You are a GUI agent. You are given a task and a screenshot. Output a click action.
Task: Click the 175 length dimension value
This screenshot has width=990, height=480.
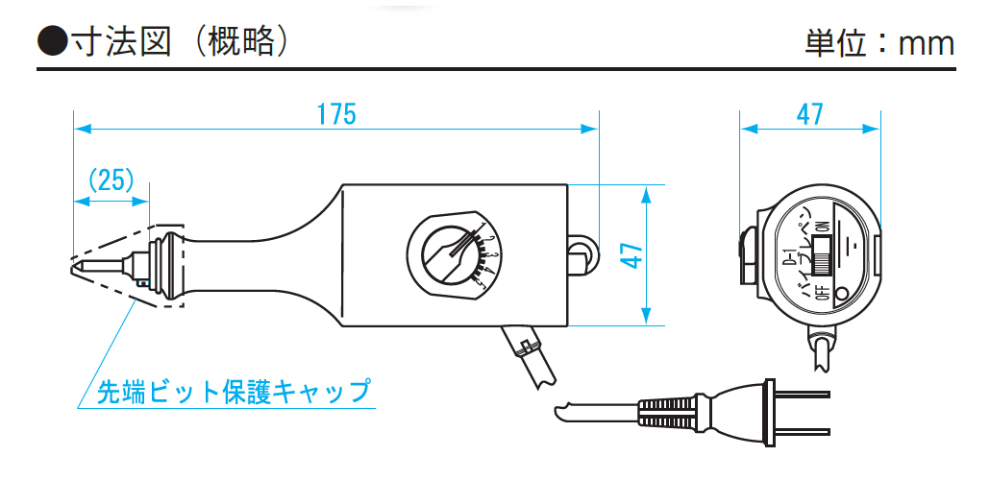click(x=336, y=114)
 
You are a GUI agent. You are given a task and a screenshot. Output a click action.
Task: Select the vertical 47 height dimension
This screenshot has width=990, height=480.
click(x=631, y=254)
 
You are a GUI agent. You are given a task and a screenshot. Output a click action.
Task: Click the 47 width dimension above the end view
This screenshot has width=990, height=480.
click(x=810, y=114)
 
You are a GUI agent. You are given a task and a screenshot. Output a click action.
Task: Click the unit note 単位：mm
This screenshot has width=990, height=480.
click(x=879, y=44)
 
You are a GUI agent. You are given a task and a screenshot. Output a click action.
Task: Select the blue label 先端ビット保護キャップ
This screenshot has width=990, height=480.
click(x=234, y=392)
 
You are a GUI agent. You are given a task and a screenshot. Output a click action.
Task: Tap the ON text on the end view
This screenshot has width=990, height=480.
click(x=823, y=227)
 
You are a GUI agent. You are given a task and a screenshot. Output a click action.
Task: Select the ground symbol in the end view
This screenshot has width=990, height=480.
click(x=849, y=239)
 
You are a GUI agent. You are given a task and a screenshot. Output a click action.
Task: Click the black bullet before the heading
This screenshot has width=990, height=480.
click(x=50, y=43)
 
